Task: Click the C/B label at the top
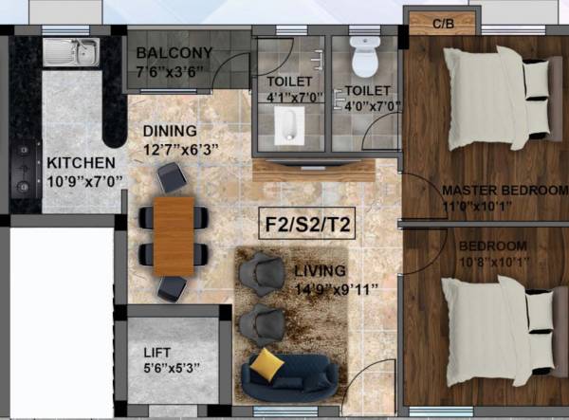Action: point(442,23)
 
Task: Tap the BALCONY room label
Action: point(174,51)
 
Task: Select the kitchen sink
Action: point(73,52)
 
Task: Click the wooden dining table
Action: point(174,234)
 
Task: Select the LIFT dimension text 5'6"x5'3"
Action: point(174,367)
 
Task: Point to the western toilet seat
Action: point(363,59)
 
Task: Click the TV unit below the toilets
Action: point(313,170)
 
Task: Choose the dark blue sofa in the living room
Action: point(289,376)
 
